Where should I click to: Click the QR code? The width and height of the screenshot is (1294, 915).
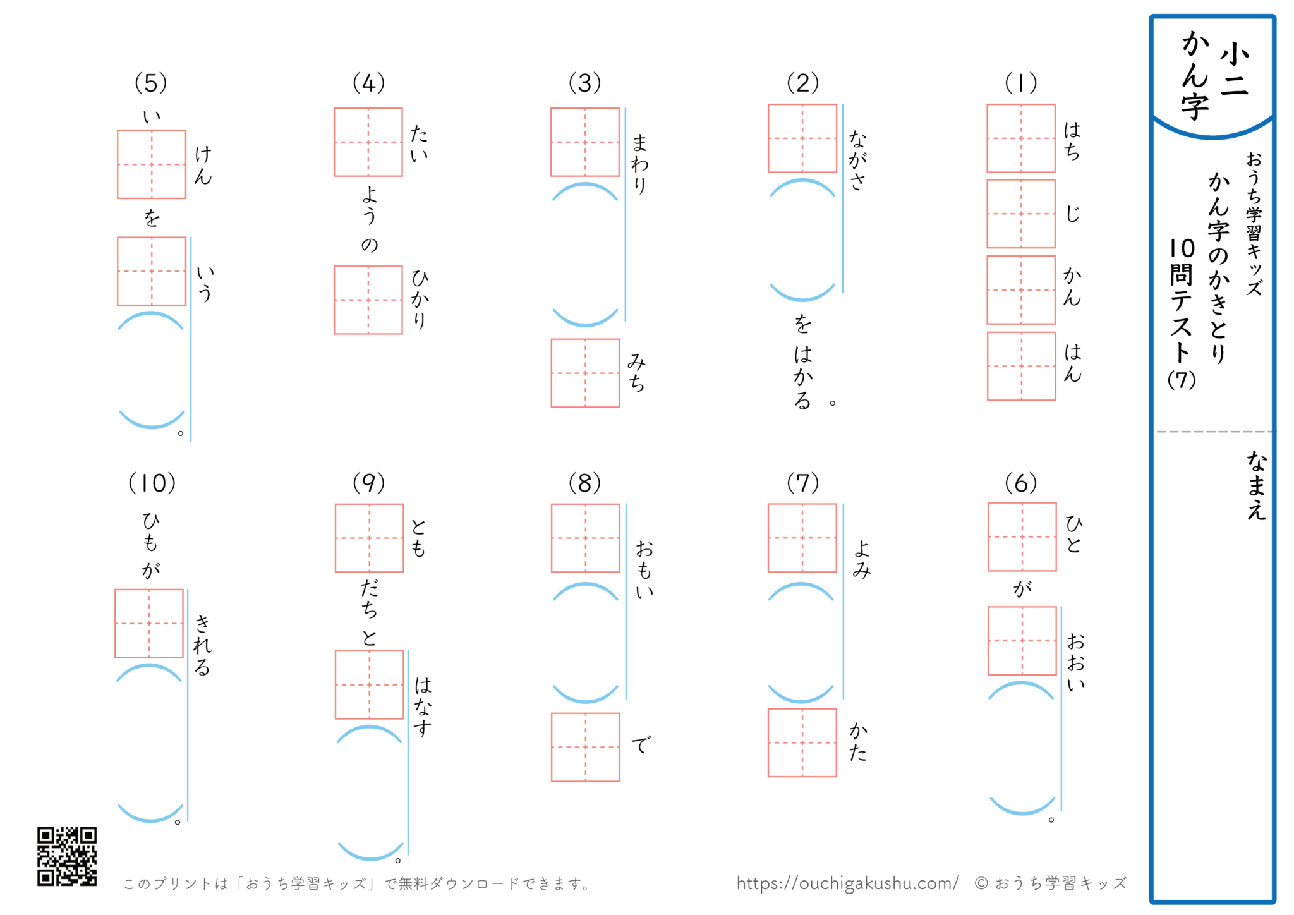(x=67, y=856)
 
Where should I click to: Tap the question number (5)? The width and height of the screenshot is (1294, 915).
(x=151, y=83)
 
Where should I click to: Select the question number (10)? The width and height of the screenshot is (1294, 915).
(x=152, y=483)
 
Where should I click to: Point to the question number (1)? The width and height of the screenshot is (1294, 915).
(x=1021, y=83)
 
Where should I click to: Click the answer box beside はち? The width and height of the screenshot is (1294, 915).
(x=1021, y=138)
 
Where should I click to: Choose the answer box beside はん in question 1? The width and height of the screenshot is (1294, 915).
(x=1021, y=367)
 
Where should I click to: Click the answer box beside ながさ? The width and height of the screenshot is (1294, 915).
(x=802, y=138)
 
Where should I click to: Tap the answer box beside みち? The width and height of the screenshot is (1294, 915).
(x=585, y=373)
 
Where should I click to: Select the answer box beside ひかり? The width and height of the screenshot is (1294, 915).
(x=368, y=300)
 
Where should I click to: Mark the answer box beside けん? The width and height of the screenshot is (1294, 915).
(x=152, y=164)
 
